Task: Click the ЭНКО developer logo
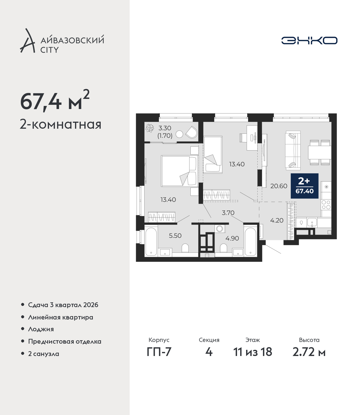[309, 40]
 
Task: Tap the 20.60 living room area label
[279, 186]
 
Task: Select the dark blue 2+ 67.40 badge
[305, 186]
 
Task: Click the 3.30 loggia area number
[165, 128]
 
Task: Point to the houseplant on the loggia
[150, 128]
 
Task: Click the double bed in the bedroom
[179, 171]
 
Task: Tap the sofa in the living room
[293, 149]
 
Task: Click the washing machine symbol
[220, 228]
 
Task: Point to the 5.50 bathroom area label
[175, 235]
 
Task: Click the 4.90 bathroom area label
[232, 238]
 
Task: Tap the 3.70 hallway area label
[228, 213]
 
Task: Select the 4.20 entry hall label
[276, 221]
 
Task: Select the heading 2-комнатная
[60, 125]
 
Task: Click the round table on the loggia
[179, 134]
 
